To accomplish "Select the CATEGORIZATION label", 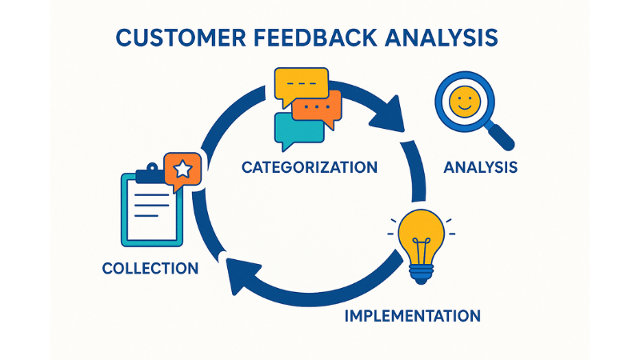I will (x=309, y=168).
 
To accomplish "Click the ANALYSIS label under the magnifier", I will (x=480, y=168).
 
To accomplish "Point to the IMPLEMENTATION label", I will (x=412, y=315).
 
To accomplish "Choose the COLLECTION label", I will (x=150, y=268).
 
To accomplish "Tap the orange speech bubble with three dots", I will (x=317, y=106).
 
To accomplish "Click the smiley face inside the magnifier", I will (x=463, y=102).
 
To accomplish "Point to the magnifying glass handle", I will (x=502, y=137).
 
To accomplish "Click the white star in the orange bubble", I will (x=182, y=169).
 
